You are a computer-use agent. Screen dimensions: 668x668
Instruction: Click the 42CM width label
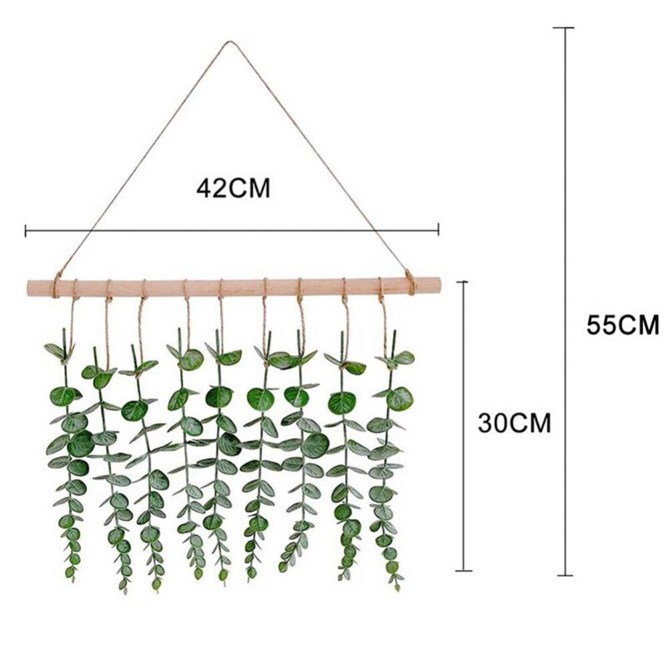pyautogui.click(x=233, y=188)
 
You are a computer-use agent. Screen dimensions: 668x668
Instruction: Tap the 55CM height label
pyautogui.click(x=623, y=325)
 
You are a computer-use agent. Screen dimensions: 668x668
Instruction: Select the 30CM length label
pyautogui.click(x=514, y=423)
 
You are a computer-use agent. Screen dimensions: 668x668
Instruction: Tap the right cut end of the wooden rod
pyautogui.click(x=440, y=283)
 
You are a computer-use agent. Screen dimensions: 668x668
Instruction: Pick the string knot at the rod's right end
pyautogui.click(x=410, y=282)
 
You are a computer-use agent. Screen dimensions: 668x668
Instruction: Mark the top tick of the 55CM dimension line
pyautogui.click(x=564, y=27)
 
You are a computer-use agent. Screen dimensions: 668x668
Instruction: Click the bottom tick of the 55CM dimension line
pyautogui.click(x=565, y=576)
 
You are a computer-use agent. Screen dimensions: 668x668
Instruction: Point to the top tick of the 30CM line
pyautogui.click(x=463, y=282)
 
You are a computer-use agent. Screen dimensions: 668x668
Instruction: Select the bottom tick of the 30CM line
pyautogui.click(x=464, y=570)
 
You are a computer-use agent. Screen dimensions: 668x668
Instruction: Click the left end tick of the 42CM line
pyautogui.click(x=25, y=231)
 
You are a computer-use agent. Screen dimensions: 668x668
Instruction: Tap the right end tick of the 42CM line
pyautogui.click(x=438, y=230)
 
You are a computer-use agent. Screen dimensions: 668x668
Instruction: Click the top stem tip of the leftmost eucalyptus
pyautogui.click(x=64, y=330)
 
